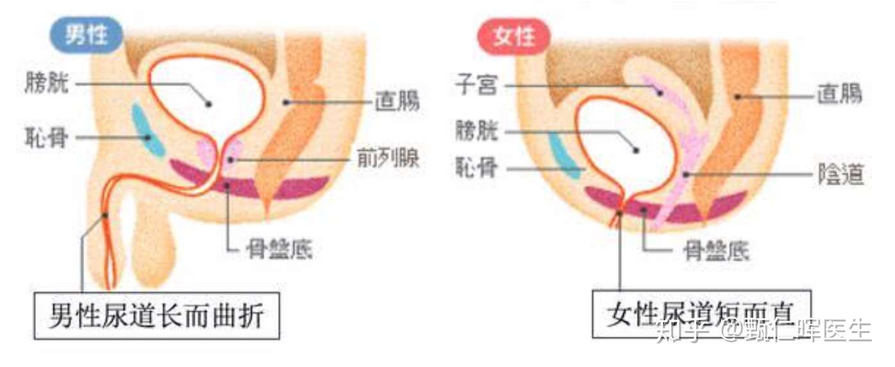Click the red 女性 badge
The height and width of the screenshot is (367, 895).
point(514,37)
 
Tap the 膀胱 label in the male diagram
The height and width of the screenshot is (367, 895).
point(47,83)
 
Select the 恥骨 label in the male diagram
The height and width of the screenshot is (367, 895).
point(46,137)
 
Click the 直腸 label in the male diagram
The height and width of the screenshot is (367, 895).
point(397,101)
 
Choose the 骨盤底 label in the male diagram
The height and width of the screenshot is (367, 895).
point(280,248)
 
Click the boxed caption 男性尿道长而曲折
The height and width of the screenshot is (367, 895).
point(156,316)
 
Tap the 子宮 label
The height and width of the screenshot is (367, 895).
point(476,84)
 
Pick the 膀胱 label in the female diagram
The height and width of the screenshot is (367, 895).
point(476,132)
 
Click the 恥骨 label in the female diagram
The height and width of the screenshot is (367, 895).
point(476,169)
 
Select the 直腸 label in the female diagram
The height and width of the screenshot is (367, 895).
point(839,96)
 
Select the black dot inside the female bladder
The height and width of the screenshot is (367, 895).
point(636,150)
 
